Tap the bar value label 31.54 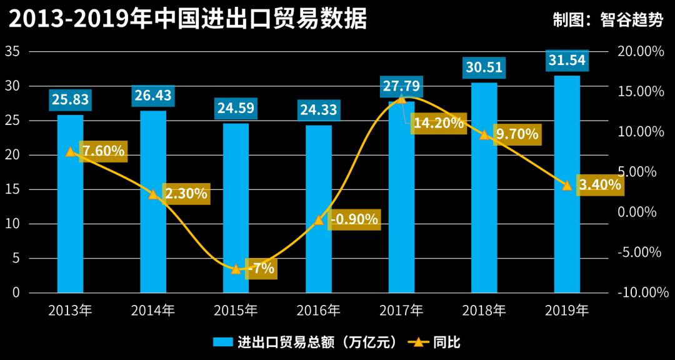coord(567,61)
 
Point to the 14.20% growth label coord(439,123)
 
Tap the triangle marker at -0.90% coord(319,219)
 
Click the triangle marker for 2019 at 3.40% coord(567,185)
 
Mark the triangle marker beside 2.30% coord(153,194)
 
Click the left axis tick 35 coord(12,51)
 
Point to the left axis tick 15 coord(12,189)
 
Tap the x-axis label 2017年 coord(401,311)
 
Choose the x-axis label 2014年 coord(153,311)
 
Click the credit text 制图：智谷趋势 coord(608,19)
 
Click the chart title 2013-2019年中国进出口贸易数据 coord(187,19)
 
